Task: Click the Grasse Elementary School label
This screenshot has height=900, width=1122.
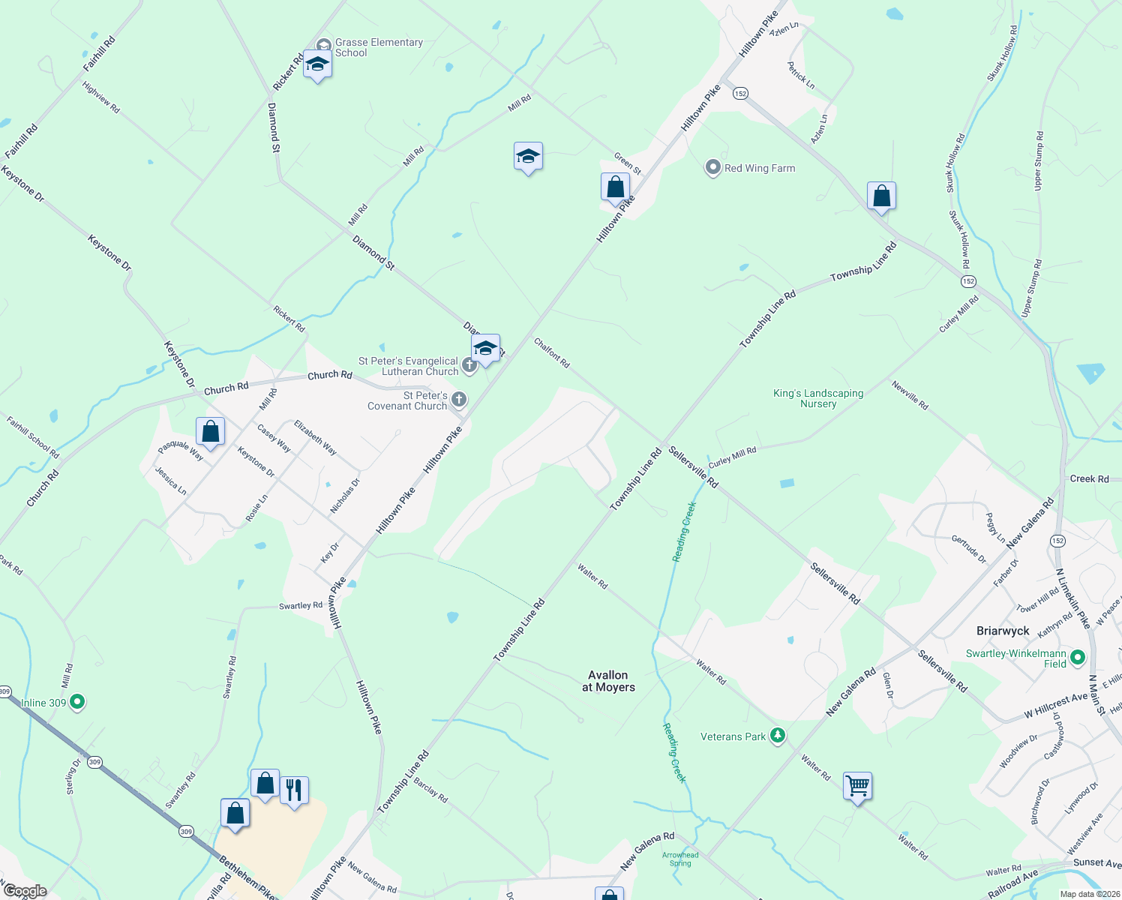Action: pyautogui.click(x=379, y=47)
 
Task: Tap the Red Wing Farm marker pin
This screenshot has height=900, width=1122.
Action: pyautogui.click(x=712, y=168)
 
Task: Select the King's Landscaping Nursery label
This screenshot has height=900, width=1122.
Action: pyautogui.click(x=818, y=398)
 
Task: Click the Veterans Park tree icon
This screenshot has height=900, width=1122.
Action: pyautogui.click(x=778, y=736)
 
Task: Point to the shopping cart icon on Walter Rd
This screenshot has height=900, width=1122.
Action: pyautogui.click(x=857, y=786)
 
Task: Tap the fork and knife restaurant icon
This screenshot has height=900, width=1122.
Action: pyautogui.click(x=294, y=790)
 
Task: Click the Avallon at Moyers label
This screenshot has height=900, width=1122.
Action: pyautogui.click(x=608, y=681)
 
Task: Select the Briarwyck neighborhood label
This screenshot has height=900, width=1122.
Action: pyautogui.click(x=1003, y=631)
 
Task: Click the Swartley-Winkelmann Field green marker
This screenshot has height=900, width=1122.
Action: pyautogui.click(x=1078, y=658)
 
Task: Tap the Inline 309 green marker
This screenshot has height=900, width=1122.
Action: pyautogui.click(x=76, y=703)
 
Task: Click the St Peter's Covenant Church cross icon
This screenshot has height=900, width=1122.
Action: pyautogui.click(x=459, y=400)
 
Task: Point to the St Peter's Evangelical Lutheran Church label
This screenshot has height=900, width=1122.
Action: pyautogui.click(x=408, y=366)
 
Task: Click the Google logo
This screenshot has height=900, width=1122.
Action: pyautogui.click(x=25, y=891)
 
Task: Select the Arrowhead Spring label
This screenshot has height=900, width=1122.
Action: pyautogui.click(x=680, y=859)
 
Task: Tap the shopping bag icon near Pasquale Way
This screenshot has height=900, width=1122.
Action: pyautogui.click(x=211, y=431)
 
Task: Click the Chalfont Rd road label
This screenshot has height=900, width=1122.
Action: pyautogui.click(x=552, y=353)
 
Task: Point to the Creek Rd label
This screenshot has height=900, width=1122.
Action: pyautogui.click(x=1089, y=478)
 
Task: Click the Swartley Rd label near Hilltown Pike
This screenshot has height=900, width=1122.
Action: pyautogui.click(x=300, y=605)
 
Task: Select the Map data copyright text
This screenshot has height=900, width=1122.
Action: pyautogui.click(x=1090, y=894)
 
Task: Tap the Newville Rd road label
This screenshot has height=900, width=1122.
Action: pyautogui.click(x=910, y=395)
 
